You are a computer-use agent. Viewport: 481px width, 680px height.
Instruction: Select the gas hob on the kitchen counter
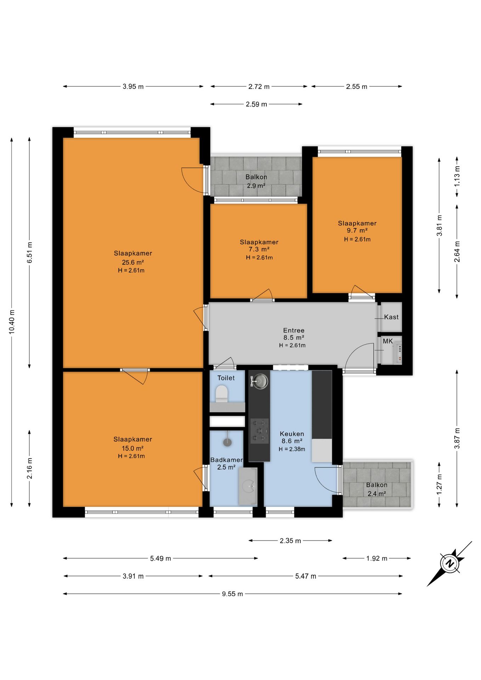[260, 431]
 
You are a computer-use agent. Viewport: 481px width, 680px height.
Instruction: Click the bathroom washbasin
[248, 486]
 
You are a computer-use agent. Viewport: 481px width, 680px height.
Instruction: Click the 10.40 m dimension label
[12, 322]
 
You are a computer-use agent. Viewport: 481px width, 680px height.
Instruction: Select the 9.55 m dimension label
[232, 594]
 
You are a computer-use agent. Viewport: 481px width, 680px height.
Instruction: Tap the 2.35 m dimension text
[290, 541]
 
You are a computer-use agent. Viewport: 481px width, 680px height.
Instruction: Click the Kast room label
[391, 317]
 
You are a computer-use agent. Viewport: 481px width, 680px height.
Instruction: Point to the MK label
[388, 341]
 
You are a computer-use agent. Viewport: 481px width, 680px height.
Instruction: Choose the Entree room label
[294, 330]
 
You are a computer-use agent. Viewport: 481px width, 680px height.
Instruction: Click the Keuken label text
[292, 434]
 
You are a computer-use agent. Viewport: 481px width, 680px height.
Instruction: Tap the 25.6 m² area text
[133, 262]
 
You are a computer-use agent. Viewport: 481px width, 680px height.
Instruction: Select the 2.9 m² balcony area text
[256, 186]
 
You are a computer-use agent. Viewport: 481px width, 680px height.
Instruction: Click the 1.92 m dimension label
[377, 559]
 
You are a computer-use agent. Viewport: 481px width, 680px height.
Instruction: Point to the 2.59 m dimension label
[256, 104]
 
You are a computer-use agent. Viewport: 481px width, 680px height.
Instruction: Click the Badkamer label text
[227, 460]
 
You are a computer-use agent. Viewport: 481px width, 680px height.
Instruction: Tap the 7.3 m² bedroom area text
[259, 249]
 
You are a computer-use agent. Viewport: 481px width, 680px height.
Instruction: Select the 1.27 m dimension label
[439, 484]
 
